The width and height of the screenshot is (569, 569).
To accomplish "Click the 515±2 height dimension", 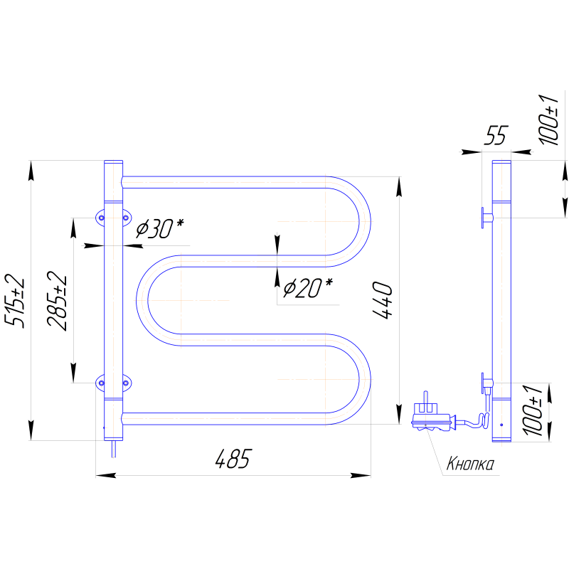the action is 15,301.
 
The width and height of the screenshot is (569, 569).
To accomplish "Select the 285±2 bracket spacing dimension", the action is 58,300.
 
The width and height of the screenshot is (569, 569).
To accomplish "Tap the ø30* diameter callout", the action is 159,228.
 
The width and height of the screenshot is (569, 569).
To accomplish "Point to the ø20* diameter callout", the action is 307,288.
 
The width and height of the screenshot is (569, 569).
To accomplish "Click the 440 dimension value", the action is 383,300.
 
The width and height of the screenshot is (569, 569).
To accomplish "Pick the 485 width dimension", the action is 233,459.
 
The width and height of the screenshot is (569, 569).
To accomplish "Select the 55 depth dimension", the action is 496,135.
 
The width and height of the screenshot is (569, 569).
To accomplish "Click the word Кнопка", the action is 470,464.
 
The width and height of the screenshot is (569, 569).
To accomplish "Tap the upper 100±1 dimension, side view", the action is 548,119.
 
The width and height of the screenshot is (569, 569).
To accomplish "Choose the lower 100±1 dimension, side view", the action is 533,410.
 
